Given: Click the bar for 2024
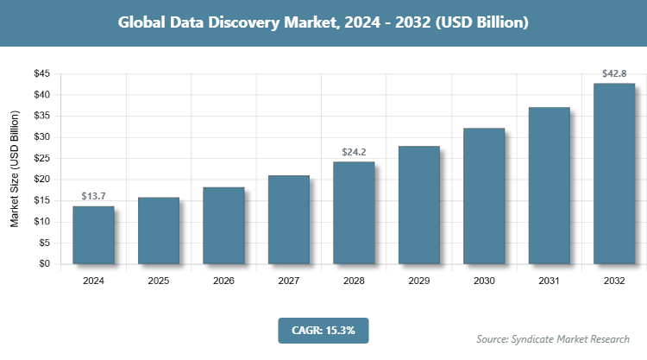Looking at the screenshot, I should click(x=93, y=235).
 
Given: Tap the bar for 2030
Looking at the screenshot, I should click(x=484, y=196).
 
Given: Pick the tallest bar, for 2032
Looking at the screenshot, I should click(x=614, y=174).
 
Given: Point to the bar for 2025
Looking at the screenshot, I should click(x=159, y=231).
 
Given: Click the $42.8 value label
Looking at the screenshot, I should click(x=614, y=74).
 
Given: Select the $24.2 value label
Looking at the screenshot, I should click(x=354, y=153).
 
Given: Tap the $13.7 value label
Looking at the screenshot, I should click(x=93, y=197).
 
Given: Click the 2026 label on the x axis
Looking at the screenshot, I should click(x=223, y=281).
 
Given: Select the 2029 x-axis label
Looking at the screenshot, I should click(x=418, y=281).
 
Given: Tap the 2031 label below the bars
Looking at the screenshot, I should click(x=549, y=281).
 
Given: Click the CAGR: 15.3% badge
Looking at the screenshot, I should click(x=323, y=330).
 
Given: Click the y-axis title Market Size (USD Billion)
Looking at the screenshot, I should click(x=15, y=169).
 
